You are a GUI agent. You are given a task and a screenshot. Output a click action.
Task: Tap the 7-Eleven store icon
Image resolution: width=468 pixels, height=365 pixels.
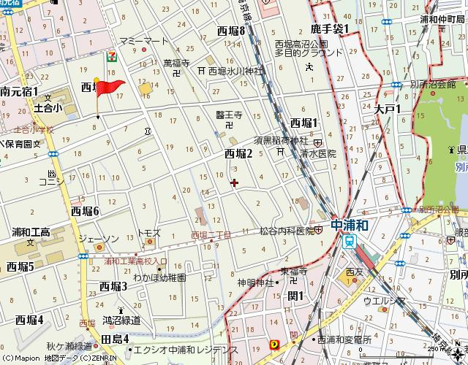110,57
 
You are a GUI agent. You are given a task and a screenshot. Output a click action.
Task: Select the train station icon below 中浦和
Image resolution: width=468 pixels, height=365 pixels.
351,242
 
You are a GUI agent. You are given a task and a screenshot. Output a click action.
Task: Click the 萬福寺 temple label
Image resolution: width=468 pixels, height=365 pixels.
176,64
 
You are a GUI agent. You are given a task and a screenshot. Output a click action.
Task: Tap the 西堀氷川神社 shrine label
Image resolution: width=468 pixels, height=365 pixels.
235,72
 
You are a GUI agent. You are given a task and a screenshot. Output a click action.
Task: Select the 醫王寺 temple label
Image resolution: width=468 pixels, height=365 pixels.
228,115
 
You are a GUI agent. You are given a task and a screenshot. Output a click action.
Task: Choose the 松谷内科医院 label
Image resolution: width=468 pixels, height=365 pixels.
280,231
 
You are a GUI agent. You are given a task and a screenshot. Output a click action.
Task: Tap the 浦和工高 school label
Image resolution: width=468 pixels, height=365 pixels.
30,233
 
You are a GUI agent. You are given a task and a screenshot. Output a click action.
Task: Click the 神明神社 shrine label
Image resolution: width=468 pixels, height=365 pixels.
254,282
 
